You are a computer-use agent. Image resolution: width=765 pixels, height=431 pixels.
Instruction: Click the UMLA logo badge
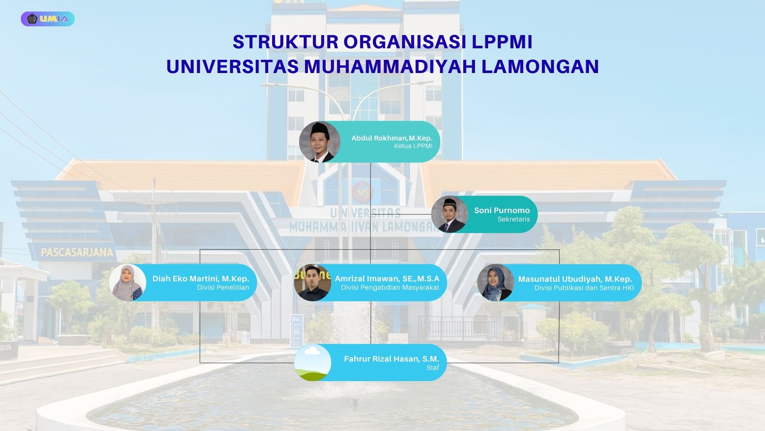pos(48,19)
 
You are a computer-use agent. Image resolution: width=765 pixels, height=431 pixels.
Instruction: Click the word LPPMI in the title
pos(502,42)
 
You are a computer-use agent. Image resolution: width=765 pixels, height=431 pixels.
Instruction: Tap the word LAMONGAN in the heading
pos(540,66)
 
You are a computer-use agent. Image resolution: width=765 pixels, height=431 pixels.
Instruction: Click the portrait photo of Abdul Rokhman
pos(320,142)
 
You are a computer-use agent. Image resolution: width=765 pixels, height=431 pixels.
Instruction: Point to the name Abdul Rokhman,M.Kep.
pos(392,138)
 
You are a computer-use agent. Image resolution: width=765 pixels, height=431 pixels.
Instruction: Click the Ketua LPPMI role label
pos(413,146)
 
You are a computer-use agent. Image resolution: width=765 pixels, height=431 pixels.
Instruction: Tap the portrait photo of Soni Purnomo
pos(449,214)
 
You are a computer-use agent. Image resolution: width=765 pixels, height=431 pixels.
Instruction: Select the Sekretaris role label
pos(514,219)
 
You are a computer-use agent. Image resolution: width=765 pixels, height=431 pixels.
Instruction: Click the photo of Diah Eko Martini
pos(127,283)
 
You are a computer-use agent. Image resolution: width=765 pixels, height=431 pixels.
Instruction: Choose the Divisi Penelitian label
pos(223,287)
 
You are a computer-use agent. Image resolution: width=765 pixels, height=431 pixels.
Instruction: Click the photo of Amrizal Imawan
pos(312,283)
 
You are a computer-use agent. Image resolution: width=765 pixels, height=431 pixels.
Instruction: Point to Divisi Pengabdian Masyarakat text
pos(390,287)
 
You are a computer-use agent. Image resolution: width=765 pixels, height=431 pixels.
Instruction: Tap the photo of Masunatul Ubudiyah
pos(496,283)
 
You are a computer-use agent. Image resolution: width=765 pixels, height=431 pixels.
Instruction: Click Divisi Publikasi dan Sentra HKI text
pos(584,288)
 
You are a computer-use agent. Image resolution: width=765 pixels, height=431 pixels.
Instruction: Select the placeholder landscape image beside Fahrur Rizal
pos(312,362)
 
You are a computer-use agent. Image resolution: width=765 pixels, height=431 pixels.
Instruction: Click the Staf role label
pos(433,368)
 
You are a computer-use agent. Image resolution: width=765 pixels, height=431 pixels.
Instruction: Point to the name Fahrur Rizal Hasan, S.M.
pos(391,359)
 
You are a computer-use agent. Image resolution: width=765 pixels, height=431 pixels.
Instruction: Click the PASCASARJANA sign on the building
pos(77,253)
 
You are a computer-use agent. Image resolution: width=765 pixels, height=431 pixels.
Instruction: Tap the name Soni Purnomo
pos(502,210)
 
